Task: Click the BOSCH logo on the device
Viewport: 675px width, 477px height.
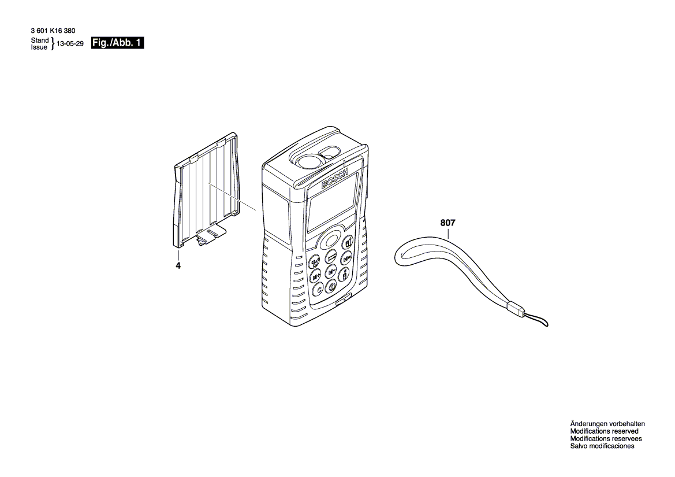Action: click(x=335, y=179)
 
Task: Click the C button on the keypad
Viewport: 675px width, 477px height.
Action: click(x=318, y=291)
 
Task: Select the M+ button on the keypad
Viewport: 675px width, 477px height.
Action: click(x=316, y=276)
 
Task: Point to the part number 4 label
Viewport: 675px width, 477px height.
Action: click(x=178, y=265)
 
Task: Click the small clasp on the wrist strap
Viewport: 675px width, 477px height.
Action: click(x=515, y=309)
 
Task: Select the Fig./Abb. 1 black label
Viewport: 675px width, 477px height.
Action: click(x=118, y=43)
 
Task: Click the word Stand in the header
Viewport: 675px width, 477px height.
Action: click(x=40, y=40)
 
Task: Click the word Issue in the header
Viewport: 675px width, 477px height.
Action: click(x=40, y=47)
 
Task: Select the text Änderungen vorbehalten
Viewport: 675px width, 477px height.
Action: click(x=607, y=424)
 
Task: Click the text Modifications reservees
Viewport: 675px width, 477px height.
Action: click(x=606, y=439)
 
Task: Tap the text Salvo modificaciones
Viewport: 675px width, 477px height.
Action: click(x=602, y=446)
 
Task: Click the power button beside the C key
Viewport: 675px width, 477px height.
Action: click(x=333, y=286)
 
